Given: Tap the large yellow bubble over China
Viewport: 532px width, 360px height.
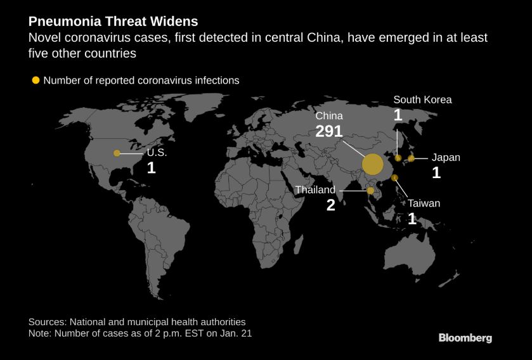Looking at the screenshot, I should tap(373, 165).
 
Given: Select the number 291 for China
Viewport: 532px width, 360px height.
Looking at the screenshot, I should tap(329, 131).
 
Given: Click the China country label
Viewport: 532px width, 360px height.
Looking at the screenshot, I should tap(329, 116).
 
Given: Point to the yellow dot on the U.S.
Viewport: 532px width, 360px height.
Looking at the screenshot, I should tap(117, 153).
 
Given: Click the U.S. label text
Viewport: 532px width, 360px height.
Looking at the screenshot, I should tap(157, 153).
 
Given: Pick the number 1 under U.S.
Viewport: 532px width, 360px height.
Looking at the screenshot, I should tap(151, 168).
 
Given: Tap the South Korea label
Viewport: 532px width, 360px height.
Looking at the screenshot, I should tap(422, 100).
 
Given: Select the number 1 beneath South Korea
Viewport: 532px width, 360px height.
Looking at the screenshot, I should tap(398, 115).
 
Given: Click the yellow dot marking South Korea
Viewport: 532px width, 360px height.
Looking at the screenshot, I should tap(398, 158).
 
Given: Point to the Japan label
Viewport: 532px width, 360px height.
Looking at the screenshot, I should tap(446, 158).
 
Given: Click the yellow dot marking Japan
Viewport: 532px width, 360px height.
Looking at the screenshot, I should tap(411, 158).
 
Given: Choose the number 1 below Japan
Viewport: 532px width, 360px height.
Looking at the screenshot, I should tap(436, 173).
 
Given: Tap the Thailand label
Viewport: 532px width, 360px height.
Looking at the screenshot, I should tap(315, 190).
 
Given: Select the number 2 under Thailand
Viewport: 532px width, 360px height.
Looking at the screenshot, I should tap(330, 205).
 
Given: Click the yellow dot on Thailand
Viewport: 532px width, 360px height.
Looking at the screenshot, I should tap(370, 190).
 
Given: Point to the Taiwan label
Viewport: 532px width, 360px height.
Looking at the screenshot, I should tap(424, 203).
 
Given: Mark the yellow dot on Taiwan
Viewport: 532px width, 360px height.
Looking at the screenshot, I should tap(394, 177).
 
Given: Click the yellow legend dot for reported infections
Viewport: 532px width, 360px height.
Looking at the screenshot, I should tap(36, 80).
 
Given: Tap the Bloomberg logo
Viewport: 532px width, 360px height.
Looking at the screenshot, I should tap(465, 338).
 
